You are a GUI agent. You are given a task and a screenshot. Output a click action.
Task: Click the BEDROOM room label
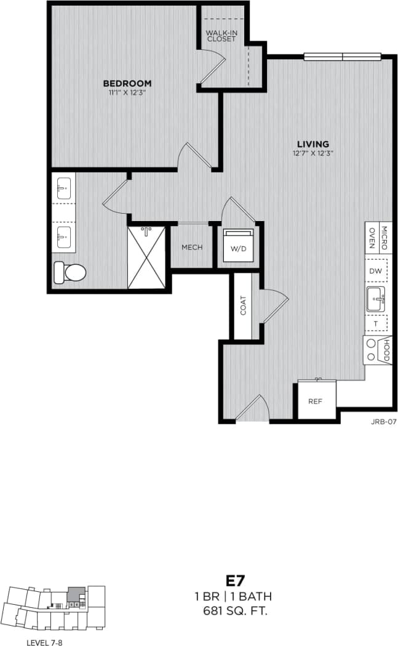point(127,83)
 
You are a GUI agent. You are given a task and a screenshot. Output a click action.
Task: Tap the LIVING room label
point(313,145)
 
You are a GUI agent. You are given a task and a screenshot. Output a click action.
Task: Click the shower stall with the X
point(146,257)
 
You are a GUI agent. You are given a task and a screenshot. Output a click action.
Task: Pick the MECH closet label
point(192,248)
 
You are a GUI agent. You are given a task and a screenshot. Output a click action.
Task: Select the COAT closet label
point(243,305)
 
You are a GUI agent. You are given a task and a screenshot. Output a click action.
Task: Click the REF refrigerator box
point(315,401)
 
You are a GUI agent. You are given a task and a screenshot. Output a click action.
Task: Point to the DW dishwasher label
point(375,271)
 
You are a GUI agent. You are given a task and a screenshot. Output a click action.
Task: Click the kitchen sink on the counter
point(375,299)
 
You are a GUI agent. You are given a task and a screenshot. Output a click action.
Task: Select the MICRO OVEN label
point(378,236)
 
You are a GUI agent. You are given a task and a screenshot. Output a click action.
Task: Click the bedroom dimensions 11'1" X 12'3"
point(127,93)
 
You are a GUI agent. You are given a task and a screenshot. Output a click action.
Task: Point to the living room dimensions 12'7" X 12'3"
point(313,154)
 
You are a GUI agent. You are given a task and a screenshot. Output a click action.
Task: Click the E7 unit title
point(236,581)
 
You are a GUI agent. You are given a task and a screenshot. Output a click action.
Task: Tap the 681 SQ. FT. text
point(236,612)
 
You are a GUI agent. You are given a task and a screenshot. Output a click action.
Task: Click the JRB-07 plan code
point(382,422)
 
